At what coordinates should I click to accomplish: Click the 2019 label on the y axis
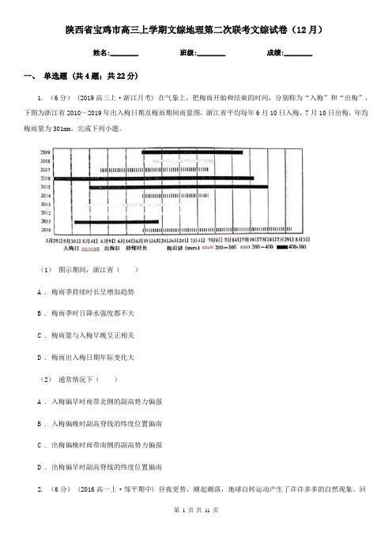click(45, 152)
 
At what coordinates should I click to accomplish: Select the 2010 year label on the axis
click(45, 230)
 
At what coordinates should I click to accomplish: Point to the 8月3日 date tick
click(301, 239)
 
